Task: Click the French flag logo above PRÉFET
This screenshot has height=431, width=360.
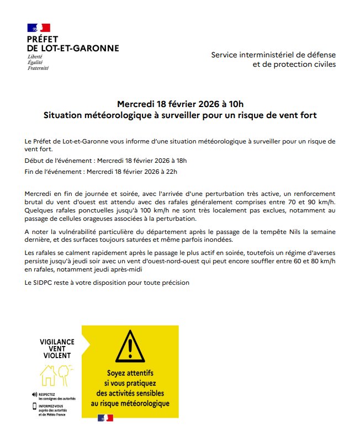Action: tap(38, 28)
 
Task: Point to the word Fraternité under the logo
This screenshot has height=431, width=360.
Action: tap(38, 68)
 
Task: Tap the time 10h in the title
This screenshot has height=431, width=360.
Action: tap(234, 104)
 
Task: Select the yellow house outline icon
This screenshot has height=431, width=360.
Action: tap(47, 376)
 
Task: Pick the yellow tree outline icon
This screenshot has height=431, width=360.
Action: tap(65, 373)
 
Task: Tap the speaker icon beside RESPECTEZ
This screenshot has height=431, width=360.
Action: tap(34, 394)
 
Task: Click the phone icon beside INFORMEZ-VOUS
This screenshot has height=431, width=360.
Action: tap(34, 407)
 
